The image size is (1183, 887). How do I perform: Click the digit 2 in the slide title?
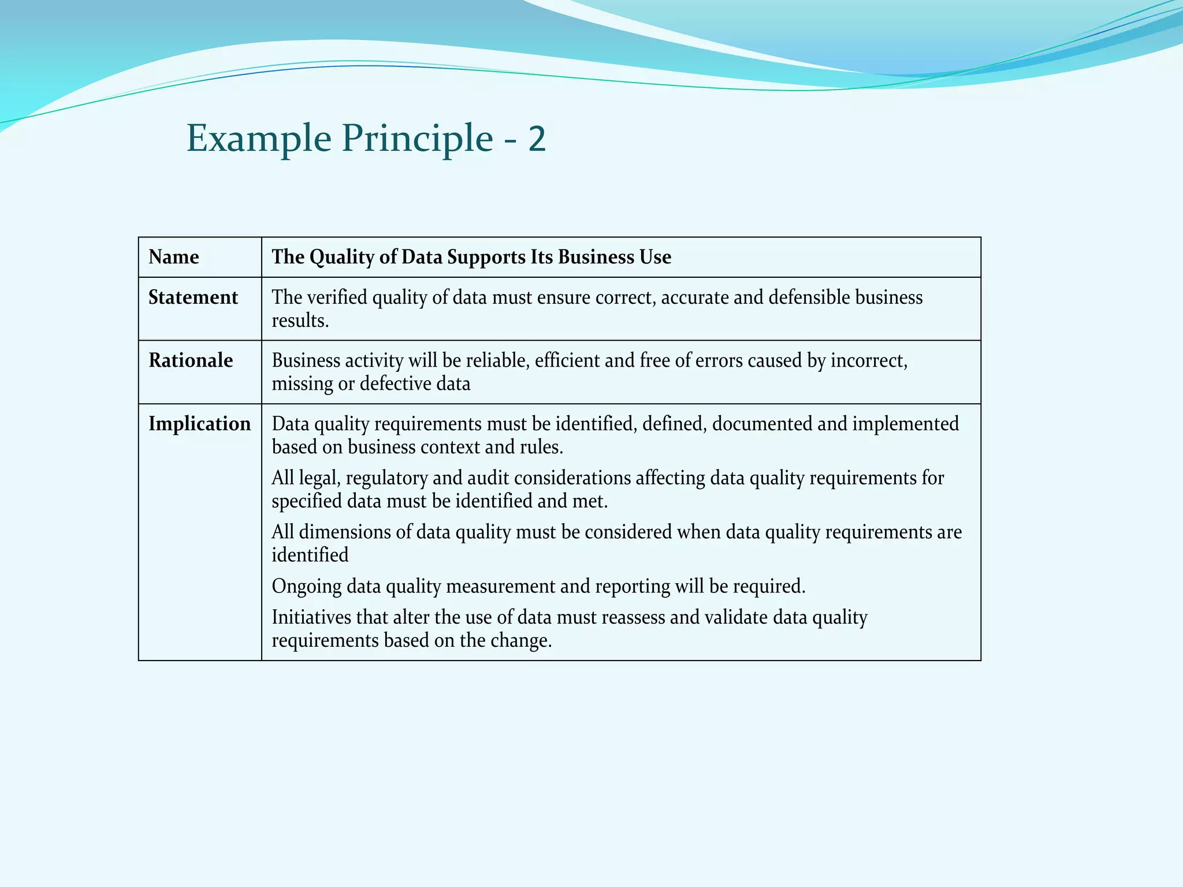[x=537, y=139]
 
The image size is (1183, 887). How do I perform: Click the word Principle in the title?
[x=417, y=139]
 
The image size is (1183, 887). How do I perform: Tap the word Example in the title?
[x=259, y=139]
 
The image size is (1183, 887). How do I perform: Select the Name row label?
[x=174, y=257]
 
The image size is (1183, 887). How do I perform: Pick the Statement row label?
[x=193, y=297]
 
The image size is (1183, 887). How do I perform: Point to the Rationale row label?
[x=191, y=360]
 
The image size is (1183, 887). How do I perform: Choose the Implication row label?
[x=199, y=424]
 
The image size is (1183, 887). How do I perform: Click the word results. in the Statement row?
[x=300, y=320]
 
